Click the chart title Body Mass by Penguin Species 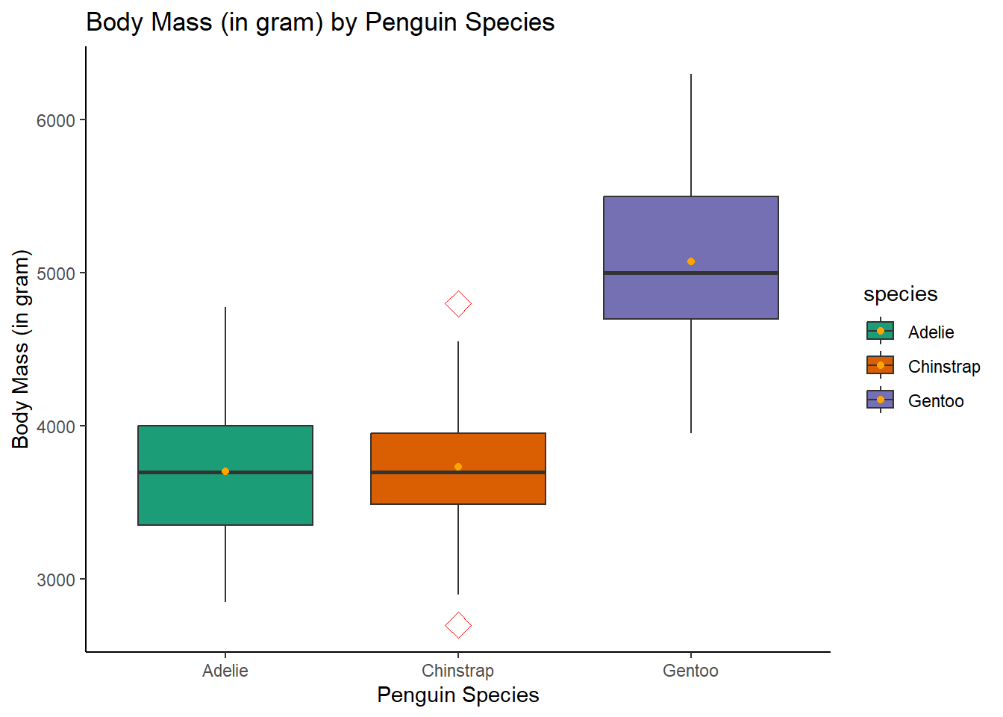tap(320, 22)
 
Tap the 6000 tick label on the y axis tap(56, 121)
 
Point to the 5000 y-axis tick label tap(56, 274)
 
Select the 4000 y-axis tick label tap(56, 427)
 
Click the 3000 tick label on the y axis tap(56, 580)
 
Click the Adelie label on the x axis tap(225, 671)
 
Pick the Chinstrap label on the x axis tap(457, 671)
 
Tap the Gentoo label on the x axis tap(690, 671)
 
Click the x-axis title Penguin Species tap(457, 695)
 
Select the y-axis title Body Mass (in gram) tap(21, 350)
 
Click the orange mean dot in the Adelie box tap(225, 471)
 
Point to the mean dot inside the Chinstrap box tap(458, 467)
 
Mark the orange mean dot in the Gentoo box tap(691, 261)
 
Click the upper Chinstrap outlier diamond tap(458, 304)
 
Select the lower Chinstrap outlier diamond tap(458, 625)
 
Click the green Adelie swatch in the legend tap(881, 331)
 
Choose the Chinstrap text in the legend tap(944, 367)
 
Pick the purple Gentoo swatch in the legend tap(881, 400)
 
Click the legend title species tap(900, 294)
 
